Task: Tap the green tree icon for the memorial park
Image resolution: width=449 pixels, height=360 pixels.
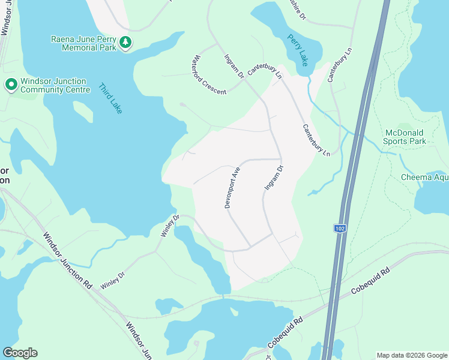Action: (x=125, y=42)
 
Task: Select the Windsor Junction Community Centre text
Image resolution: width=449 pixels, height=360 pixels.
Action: (x=53, y=85)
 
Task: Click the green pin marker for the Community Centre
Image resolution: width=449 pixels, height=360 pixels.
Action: (x=11, y=85)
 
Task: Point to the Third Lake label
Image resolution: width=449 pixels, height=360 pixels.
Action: (x=110, y=98)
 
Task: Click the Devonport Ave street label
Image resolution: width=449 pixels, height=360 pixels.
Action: (x=232, y=188)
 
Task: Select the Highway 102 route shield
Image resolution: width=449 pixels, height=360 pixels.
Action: (x=340, y=228)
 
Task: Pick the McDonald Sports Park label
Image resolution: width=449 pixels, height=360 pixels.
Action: (x=405, y=137)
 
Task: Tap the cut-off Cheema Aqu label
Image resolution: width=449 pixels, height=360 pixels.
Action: (x=424, y=177)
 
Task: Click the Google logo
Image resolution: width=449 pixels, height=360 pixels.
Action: (x=20, y=352)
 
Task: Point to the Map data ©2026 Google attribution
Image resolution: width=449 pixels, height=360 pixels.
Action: (x=412, y=355)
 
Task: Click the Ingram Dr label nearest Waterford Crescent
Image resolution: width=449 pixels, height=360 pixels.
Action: (x=234, y=67)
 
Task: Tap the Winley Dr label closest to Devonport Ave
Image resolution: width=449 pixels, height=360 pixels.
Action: (x=170, y=226)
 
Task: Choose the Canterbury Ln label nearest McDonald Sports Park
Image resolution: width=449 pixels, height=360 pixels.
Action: (x=316, y=140)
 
